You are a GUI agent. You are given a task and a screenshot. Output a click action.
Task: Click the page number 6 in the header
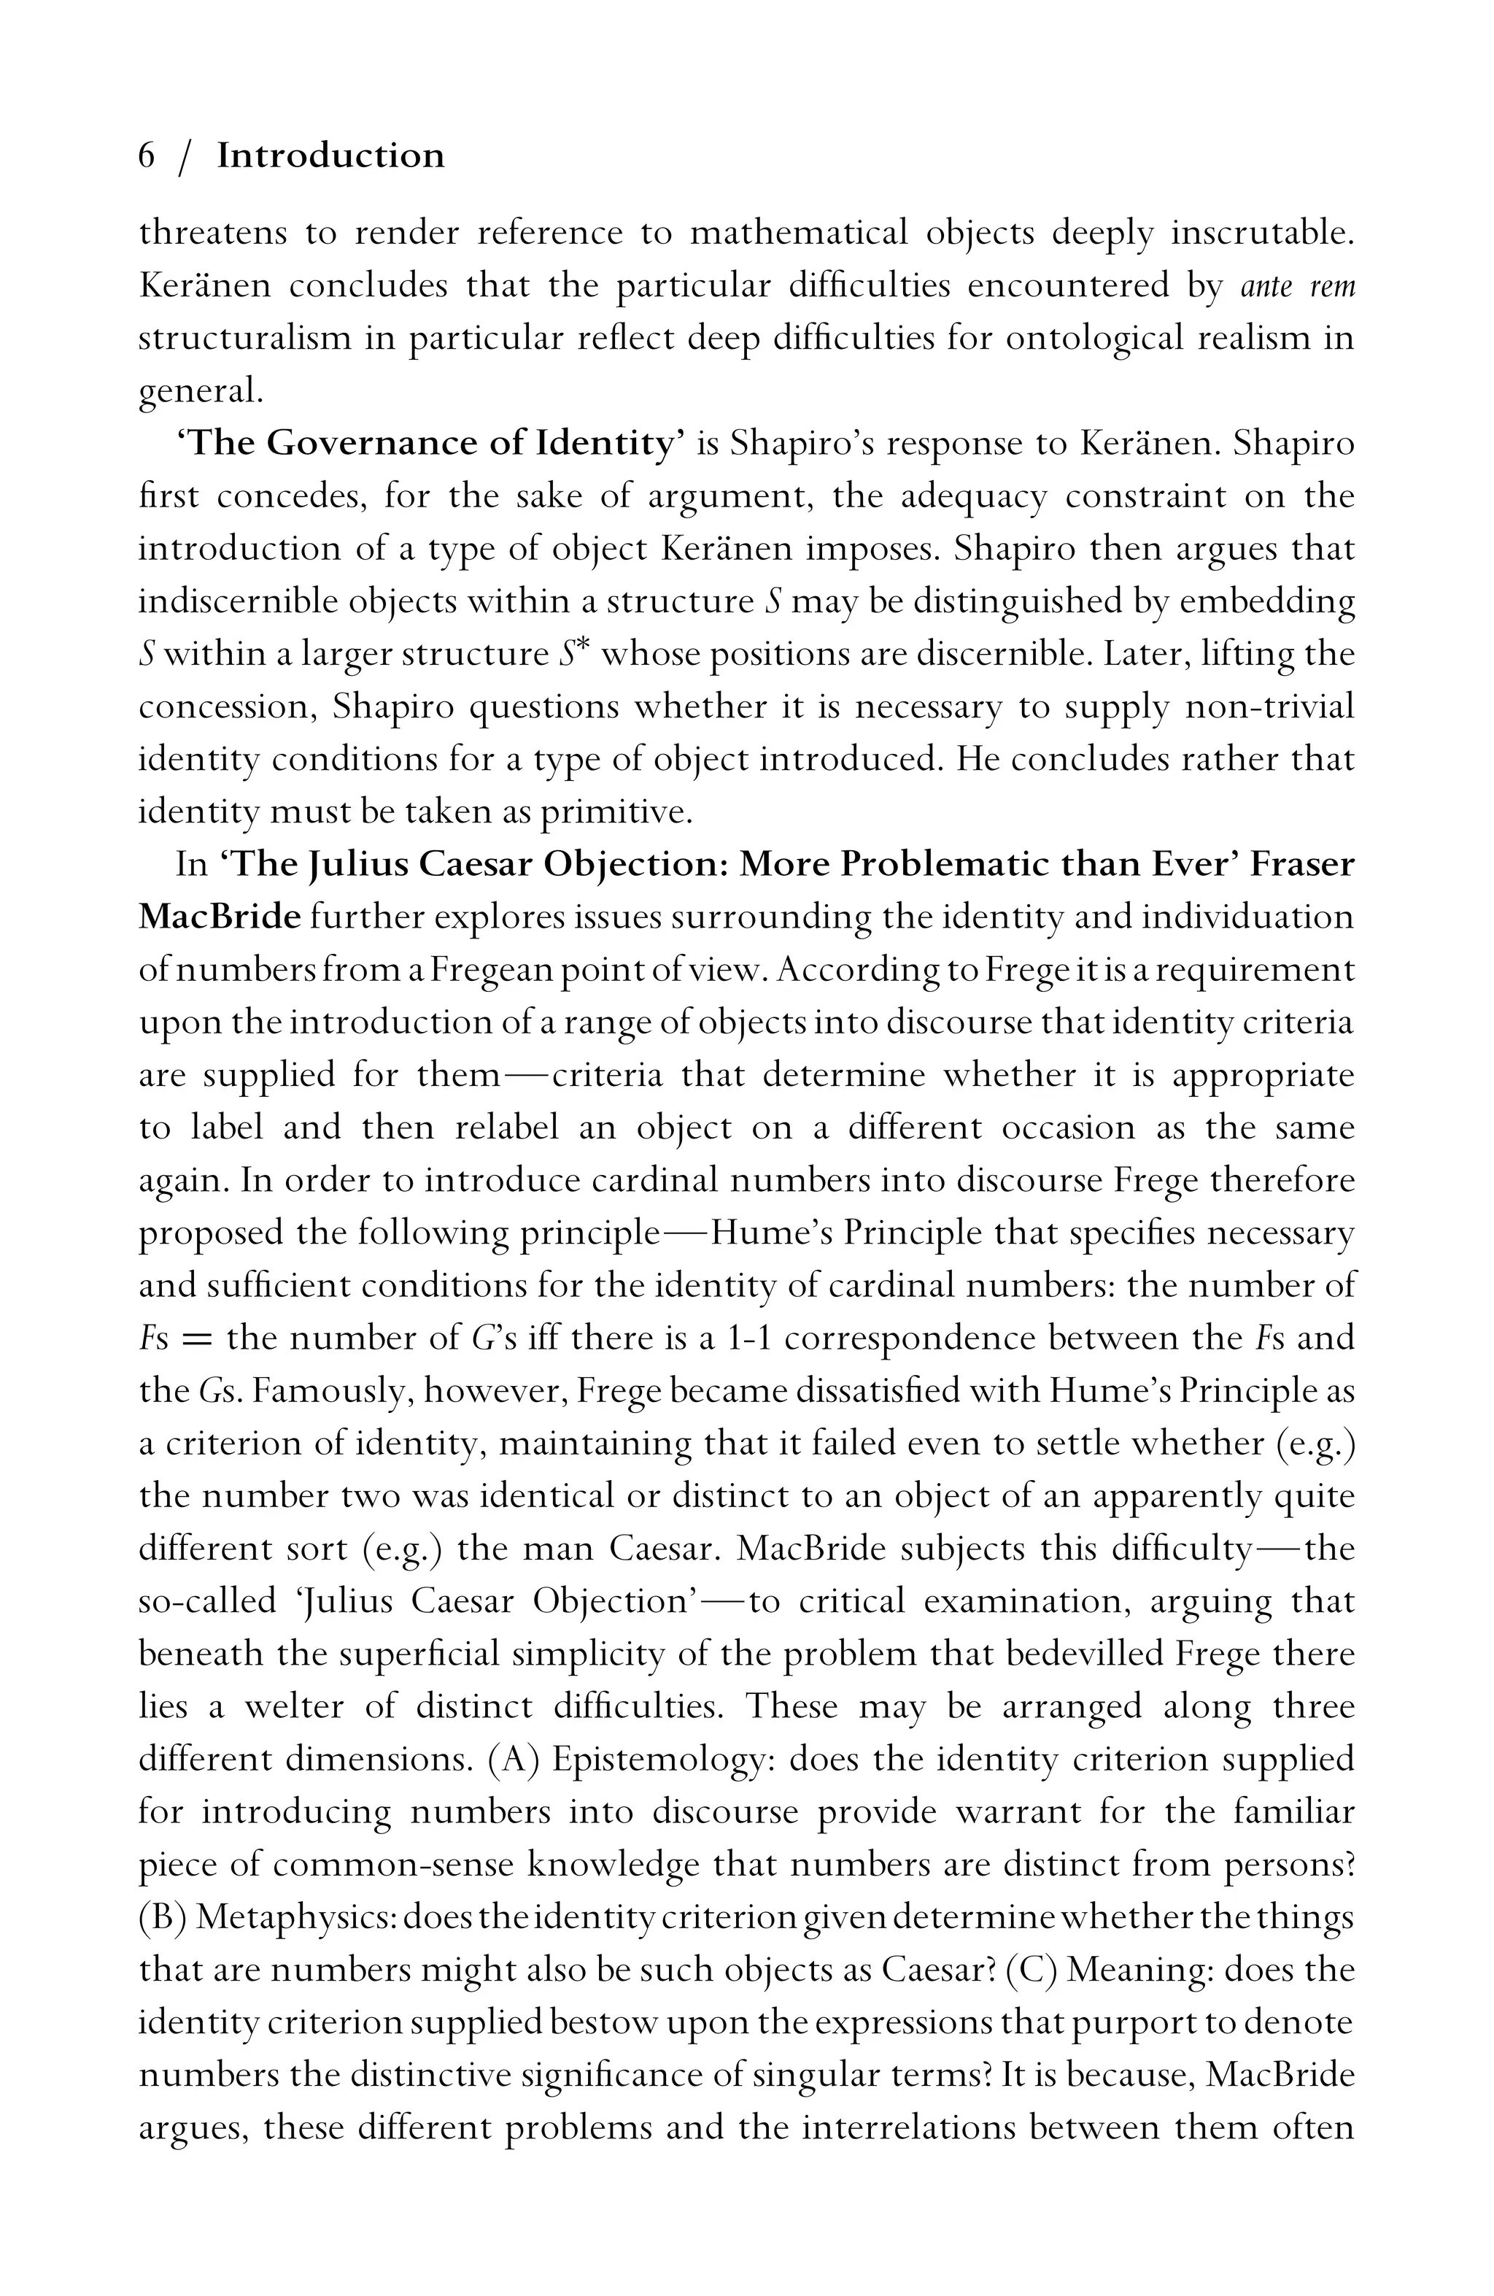pos(147,155)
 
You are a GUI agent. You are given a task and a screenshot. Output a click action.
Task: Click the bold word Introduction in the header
pos(330,155)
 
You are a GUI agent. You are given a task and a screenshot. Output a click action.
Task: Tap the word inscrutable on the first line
pos(1263,234)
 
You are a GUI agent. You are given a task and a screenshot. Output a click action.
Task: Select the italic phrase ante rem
pos(1297,287)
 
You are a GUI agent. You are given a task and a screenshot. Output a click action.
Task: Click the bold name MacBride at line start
pos(220,917)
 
